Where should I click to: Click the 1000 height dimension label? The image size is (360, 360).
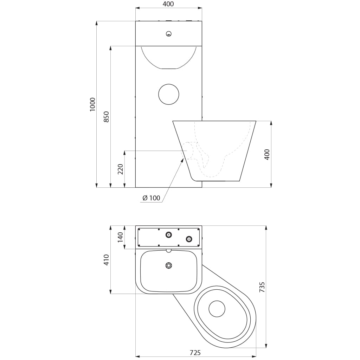coord(92,104)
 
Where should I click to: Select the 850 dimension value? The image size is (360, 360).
coord(107,117)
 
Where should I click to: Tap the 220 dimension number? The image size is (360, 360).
coord(121,169)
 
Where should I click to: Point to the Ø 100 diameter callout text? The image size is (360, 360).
coord(151,198)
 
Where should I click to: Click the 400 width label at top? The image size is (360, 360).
coord(168,4)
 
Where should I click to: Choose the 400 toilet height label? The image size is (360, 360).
coord(267,155)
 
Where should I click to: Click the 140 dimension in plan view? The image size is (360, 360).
coord(121,237)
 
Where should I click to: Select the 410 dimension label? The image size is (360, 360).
coord(107,260)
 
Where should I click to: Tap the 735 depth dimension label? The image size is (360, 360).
coord(262,287)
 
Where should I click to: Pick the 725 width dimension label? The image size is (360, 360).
coord(195,352)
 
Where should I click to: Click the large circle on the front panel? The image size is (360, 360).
coord(169,94)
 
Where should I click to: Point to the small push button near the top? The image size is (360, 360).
coord(169,34)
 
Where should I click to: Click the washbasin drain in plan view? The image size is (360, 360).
coord(169,266)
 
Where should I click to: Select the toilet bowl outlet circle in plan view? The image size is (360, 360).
coord(217,309)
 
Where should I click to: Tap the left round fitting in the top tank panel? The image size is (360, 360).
coord(169,234)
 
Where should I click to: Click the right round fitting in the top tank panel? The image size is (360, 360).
coord(189,239)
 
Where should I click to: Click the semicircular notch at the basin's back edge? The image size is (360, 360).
coord(169,250)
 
